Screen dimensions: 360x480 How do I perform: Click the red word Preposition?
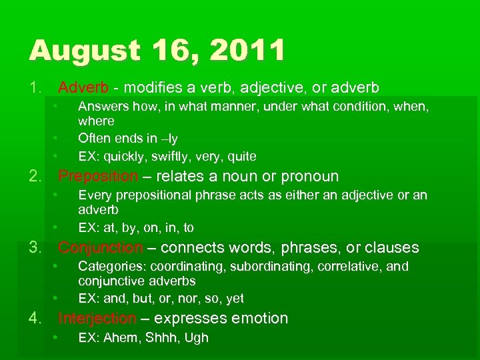[98, 177]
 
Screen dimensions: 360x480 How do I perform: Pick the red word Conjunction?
[101, 248]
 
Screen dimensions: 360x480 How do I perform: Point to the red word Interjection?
[97, 319]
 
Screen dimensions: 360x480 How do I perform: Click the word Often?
[94, 139]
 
